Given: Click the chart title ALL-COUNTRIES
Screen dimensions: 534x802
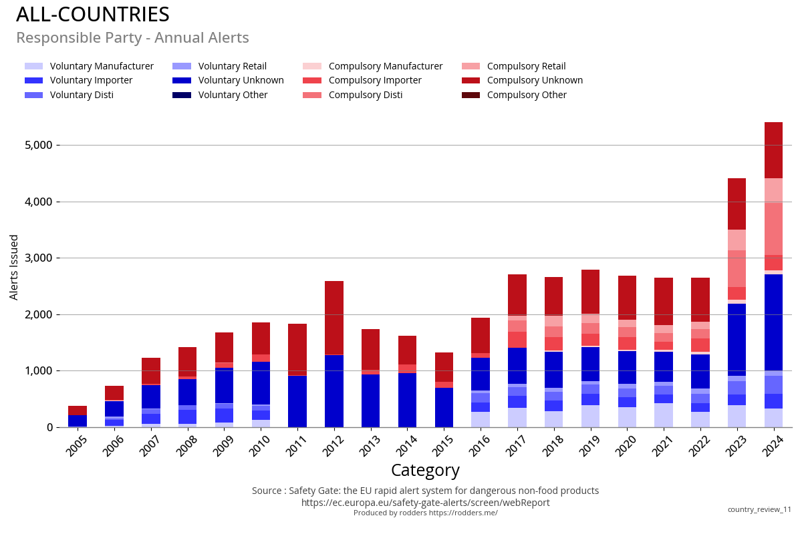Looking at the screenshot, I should coord(93,15).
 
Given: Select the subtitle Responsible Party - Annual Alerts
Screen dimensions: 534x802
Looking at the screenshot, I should coord(132,38).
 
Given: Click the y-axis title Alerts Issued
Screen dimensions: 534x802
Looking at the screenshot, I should coord(14,267).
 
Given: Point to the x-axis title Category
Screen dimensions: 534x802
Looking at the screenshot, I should coord(425,471).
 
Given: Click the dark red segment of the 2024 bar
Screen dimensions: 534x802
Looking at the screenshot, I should coord(773,150).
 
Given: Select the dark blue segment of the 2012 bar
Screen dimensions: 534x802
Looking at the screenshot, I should coord(334,390).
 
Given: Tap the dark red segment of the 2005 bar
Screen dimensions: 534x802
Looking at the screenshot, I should coord(78,411).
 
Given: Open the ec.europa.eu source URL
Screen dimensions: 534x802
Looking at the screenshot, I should coord(425,503).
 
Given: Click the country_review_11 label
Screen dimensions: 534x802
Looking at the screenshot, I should coord(759,509).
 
